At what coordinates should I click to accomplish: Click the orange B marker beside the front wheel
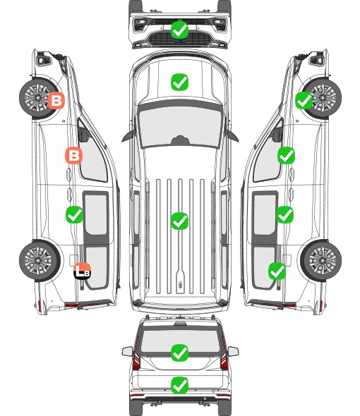56,100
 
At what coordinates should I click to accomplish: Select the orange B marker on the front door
74,155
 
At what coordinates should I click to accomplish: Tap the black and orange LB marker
83,271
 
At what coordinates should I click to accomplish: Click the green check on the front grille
179,30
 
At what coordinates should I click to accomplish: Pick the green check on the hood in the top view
179,82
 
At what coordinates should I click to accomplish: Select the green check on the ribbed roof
179,221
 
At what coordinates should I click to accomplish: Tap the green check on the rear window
179,353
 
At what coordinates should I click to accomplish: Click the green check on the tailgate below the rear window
179,385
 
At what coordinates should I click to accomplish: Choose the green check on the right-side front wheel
304,101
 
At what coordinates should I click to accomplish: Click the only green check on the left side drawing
74,214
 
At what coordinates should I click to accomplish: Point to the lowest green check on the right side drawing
277,271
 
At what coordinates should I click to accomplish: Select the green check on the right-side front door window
286,155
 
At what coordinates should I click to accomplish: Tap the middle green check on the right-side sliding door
284,214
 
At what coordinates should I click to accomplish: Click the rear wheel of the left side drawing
39,261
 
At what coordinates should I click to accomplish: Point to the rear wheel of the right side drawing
321,261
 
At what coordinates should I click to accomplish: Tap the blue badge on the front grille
179,41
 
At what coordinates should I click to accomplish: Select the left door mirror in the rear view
127,351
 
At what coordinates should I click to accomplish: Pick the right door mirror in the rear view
233,351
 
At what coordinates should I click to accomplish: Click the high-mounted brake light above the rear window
180,324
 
